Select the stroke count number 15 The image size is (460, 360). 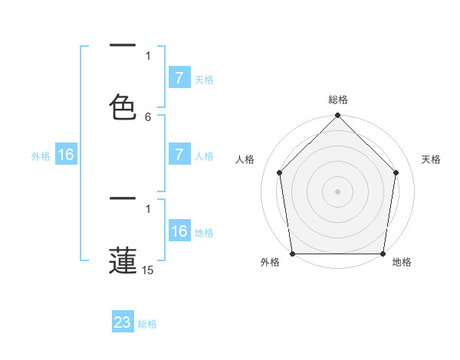pyautogui.click(x=148, y=270)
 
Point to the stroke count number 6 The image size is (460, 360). pyautogui.click(x=148, y=116)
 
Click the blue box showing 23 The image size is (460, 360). pyautogui.click(x=123, y=322)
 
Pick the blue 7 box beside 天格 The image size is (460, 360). pyautogui.click(x=179, y=78)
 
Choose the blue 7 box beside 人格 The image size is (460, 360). pyautogui.click(x=179, y=155)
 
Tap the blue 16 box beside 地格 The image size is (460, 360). pyautogui.click(x=179, y=231)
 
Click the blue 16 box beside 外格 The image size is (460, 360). pyautogui.click(x=66, y=155)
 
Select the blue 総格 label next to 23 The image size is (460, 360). pyautogui.click(x=147, y=324)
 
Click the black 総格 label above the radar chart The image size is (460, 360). pyautogui.click(x=337, y=100)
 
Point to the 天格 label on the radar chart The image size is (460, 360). pyautogui.click(x=431, y=160)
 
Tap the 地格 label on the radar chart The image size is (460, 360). pyautogui.click(x=402, y=263)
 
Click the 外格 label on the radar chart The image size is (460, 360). pyautogui.click(x=270, y=263)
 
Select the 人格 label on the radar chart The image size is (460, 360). pyautogui.click(x=245, y=160)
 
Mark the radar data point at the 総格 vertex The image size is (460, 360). pyautogui.click(x=337, y=116)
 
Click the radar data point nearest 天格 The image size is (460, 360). pyautogui.click(x=396, y=172)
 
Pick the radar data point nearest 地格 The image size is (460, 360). pyautogui.click(x=383, y=254)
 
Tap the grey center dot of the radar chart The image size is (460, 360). pyautogui.click(x=337, y=191)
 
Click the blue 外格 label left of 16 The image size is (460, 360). pyautogui.click(x=41, y=156)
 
